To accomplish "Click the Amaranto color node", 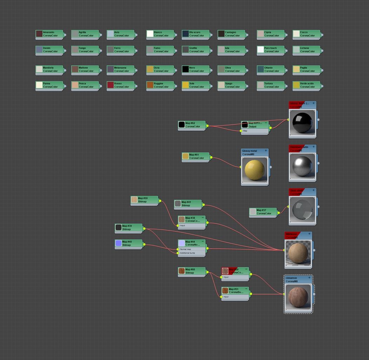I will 49,34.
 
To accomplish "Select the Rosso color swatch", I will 110,85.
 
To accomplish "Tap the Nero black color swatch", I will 185,69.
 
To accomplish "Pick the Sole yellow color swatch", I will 185,85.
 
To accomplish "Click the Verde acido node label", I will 307,84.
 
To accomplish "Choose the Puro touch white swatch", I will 260,49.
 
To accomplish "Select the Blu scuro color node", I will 195,34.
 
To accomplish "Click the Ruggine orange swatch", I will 150,85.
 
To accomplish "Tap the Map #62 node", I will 192,125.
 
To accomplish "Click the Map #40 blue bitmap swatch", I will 119,243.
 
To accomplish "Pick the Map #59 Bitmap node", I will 144,200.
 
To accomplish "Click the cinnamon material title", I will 291,278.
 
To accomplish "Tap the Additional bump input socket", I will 178,253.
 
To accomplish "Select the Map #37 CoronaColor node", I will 263,212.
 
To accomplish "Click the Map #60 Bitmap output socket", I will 207,272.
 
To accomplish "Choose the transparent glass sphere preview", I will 302,209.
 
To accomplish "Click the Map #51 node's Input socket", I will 221,297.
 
